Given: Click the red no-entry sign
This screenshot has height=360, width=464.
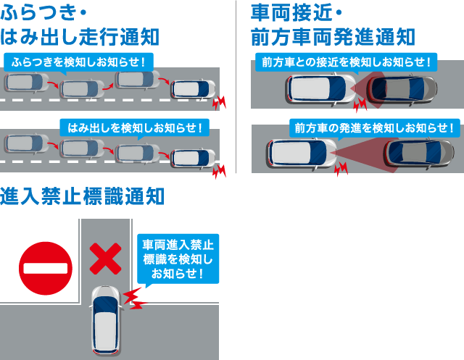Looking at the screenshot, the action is tap(46, 269).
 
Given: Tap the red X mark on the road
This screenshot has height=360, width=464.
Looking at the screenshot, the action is tap(105, 259).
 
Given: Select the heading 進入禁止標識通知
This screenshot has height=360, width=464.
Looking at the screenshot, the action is tap(82, 196).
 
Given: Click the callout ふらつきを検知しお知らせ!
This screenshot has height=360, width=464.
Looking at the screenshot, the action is tap(79, 62).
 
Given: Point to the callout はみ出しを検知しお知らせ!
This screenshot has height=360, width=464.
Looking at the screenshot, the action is tap(135, 128).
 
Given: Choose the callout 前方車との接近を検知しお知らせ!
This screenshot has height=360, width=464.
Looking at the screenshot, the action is tap(347, 62).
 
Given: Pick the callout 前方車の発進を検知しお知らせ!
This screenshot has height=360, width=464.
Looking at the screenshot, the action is tap(375, 128).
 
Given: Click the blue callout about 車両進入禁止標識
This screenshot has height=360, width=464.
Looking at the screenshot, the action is tap(178, 259).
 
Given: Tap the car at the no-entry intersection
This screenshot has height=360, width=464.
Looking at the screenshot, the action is tap(106, 320).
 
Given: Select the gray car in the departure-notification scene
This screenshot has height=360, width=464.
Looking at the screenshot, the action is tap(419, 153).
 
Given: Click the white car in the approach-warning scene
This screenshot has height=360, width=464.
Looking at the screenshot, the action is tap(321, 88).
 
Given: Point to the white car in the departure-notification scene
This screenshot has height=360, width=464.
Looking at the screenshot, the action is tap(302, 154).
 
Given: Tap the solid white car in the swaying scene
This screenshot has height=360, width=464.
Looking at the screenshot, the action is tap(194, 89).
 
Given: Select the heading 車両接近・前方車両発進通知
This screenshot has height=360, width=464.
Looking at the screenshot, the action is tap(333, 25).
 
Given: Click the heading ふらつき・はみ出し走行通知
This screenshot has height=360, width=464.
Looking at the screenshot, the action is tap(80, 25).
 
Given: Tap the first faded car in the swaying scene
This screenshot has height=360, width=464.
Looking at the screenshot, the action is tap(27, 83).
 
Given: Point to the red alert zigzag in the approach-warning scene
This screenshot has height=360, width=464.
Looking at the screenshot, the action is tap(360, 104).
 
